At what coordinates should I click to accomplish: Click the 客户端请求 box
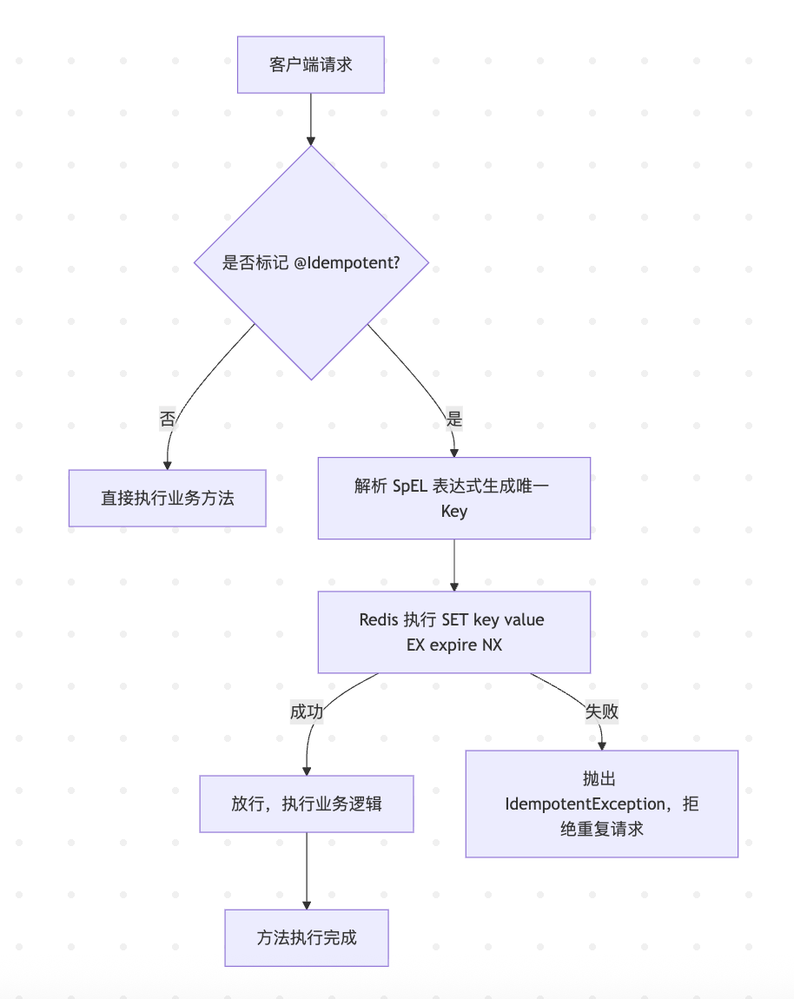(310, 64)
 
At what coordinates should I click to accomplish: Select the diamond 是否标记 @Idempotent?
(311, 262)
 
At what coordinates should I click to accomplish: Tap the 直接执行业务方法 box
(167, 498)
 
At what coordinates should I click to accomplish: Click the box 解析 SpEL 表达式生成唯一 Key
(453, 498)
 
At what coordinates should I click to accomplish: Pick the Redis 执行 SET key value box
(453, 632)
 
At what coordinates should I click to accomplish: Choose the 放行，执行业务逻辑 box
(306, 804)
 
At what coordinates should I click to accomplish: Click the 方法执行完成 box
(306, 937)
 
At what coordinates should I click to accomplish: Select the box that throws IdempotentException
(601, 804)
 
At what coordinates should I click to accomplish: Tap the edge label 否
(168, 420)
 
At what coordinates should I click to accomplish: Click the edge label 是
(453, 420)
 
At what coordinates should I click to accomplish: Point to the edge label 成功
(306, 711)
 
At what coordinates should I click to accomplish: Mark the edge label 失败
(601, 711)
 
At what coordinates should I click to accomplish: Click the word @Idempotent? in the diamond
(347, 262)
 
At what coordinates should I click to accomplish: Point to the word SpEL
(404, 486)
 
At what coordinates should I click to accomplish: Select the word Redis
(379, 619)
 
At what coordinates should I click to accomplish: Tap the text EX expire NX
(453, 645)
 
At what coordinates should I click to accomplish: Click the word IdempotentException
(587, 804)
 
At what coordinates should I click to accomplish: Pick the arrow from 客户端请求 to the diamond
(310, 118)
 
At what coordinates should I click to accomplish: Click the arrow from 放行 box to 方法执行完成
(306, 870)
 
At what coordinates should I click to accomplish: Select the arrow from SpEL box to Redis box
(453, 565)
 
